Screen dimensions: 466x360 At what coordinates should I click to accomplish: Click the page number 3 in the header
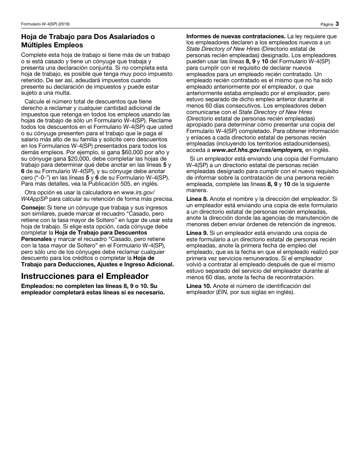click(337, 24)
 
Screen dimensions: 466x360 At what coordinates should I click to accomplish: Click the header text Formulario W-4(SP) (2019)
click(45, 24)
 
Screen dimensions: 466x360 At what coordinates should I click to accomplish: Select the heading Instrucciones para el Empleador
click(85, 276)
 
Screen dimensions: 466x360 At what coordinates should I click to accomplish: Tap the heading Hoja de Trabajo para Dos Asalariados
click(88, 37)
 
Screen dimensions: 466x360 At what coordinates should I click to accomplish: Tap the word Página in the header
click(326, 24)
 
